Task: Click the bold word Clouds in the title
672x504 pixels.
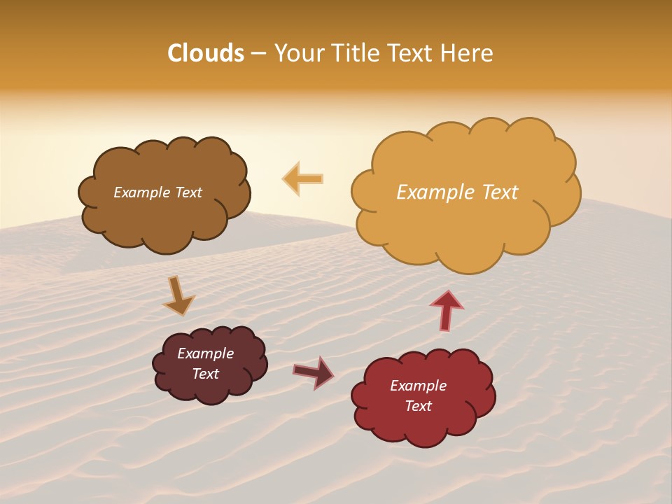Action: click(x=206, y=53)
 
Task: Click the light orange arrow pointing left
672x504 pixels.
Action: click(x=303, y=178)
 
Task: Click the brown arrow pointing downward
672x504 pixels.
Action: click(x=178, y=295)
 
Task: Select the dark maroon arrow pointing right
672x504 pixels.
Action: click(x=314, y=372)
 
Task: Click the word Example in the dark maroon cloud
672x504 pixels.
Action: click(x=205, y=353)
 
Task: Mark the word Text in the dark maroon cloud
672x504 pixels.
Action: click(x=206, y=374)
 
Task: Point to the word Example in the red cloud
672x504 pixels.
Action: click(x=418, y=386)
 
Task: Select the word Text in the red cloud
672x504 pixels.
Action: click(x=418, y=406)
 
